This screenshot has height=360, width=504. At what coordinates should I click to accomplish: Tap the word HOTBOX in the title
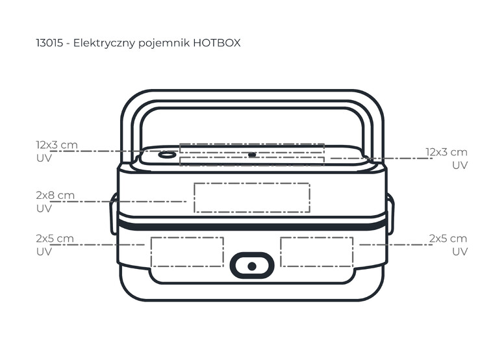pos(217,44)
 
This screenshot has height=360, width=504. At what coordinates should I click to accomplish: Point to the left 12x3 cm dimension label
pos(57,144)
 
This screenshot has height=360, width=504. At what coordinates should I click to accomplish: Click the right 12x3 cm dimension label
pos(446,152)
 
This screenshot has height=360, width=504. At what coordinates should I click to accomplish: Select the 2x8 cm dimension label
pos(55,195)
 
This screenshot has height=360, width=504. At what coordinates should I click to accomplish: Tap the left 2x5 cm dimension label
pos(55,238)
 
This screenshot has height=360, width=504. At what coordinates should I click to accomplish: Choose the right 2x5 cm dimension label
pos(447,238)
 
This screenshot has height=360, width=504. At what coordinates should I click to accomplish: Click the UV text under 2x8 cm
pos(44,209)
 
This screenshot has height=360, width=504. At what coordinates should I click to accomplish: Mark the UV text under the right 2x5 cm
pos(459,251)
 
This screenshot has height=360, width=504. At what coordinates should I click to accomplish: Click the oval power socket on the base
pos(252,266)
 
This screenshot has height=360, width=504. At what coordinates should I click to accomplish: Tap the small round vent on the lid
pos(167,155)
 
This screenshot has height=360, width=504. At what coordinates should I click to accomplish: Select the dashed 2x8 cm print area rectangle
pos(251,198)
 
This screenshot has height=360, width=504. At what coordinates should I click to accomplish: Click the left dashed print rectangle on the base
pos(187,251)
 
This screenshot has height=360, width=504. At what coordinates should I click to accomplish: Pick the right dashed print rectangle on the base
pos(316,251)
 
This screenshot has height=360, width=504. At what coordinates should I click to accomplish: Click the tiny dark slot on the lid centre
pos(251,155)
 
